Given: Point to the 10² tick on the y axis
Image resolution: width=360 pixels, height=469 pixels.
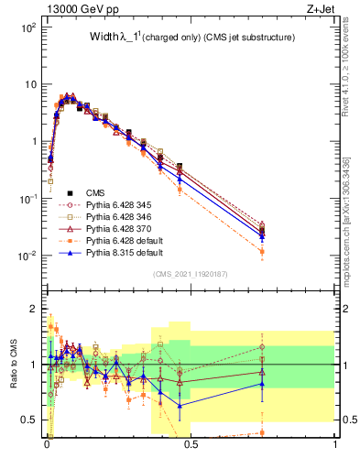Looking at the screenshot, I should point(26,27).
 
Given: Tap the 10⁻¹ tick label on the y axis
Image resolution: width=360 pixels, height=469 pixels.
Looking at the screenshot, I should point(26,199).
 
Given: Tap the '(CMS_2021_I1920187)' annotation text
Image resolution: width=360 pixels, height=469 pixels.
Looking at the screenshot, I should point(191,274).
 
